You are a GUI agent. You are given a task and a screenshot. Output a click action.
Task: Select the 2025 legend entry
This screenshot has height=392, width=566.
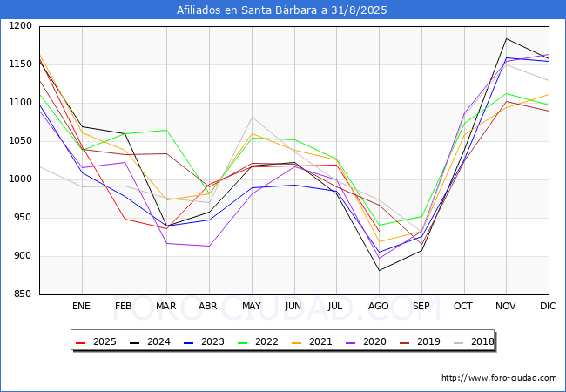click(x=96, y=341)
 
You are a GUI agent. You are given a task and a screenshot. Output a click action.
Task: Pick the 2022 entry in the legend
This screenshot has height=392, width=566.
click(x=258, y=341)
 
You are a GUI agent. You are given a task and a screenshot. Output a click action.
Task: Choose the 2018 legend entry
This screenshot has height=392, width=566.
click(x=474, y=341)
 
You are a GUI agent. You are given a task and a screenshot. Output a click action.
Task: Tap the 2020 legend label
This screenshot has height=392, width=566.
click(x=366, y=341)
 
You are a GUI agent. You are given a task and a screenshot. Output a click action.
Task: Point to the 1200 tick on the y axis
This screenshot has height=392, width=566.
click(x=21, y=25)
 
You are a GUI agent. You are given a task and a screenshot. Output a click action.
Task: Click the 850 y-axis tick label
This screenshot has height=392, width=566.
click(x=24, y=294)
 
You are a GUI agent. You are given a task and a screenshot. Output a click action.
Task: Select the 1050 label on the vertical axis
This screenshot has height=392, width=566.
click(x=21, y=140)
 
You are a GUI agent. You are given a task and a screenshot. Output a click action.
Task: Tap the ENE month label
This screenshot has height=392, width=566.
click(x=81, y=306)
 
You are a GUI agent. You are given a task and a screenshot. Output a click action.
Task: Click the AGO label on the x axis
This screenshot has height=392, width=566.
click(x=378, y=306)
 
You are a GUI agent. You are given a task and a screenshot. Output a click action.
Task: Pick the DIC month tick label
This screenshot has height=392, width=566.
click(x=548, y=306)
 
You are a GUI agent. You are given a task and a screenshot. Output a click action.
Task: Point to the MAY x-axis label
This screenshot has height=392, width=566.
click(x=252, y=306)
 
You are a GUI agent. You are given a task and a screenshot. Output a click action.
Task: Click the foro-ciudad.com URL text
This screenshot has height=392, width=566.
click(x=499, y=378)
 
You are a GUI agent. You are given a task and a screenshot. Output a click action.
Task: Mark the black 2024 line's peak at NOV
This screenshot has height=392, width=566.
click(x=507, y=38)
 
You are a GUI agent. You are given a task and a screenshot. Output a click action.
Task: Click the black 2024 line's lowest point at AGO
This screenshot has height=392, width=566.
click(x=380, y=270)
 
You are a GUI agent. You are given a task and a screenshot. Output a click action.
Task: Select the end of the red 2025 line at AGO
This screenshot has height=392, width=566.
click(x=380, y=232)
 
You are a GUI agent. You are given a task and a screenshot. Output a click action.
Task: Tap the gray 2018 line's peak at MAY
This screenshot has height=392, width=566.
click(x=252, y=118)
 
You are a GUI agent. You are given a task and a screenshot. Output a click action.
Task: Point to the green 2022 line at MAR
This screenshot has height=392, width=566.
click(x=167, y=130)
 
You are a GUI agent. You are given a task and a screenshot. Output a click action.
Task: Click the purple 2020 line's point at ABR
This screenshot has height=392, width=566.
click(x=209, y=247)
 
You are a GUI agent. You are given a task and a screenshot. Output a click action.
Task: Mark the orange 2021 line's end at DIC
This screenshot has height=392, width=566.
click(x=549, y=95)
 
